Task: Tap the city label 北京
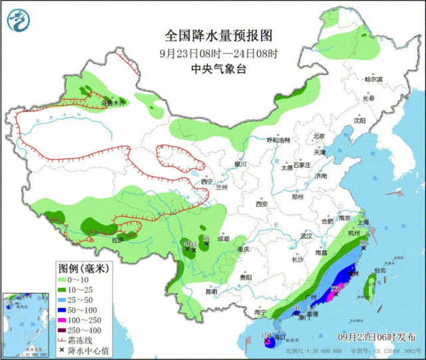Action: tap(319, 136)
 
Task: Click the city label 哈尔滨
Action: tap(374, 79)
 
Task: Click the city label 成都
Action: tap(222, 238)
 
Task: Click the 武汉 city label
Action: tap(306, 236)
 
